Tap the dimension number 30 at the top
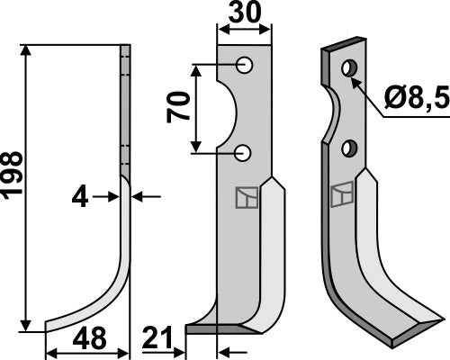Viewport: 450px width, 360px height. point(243,14)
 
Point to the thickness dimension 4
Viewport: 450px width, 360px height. point(81,195)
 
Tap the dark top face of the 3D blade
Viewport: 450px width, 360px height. point(344,45)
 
